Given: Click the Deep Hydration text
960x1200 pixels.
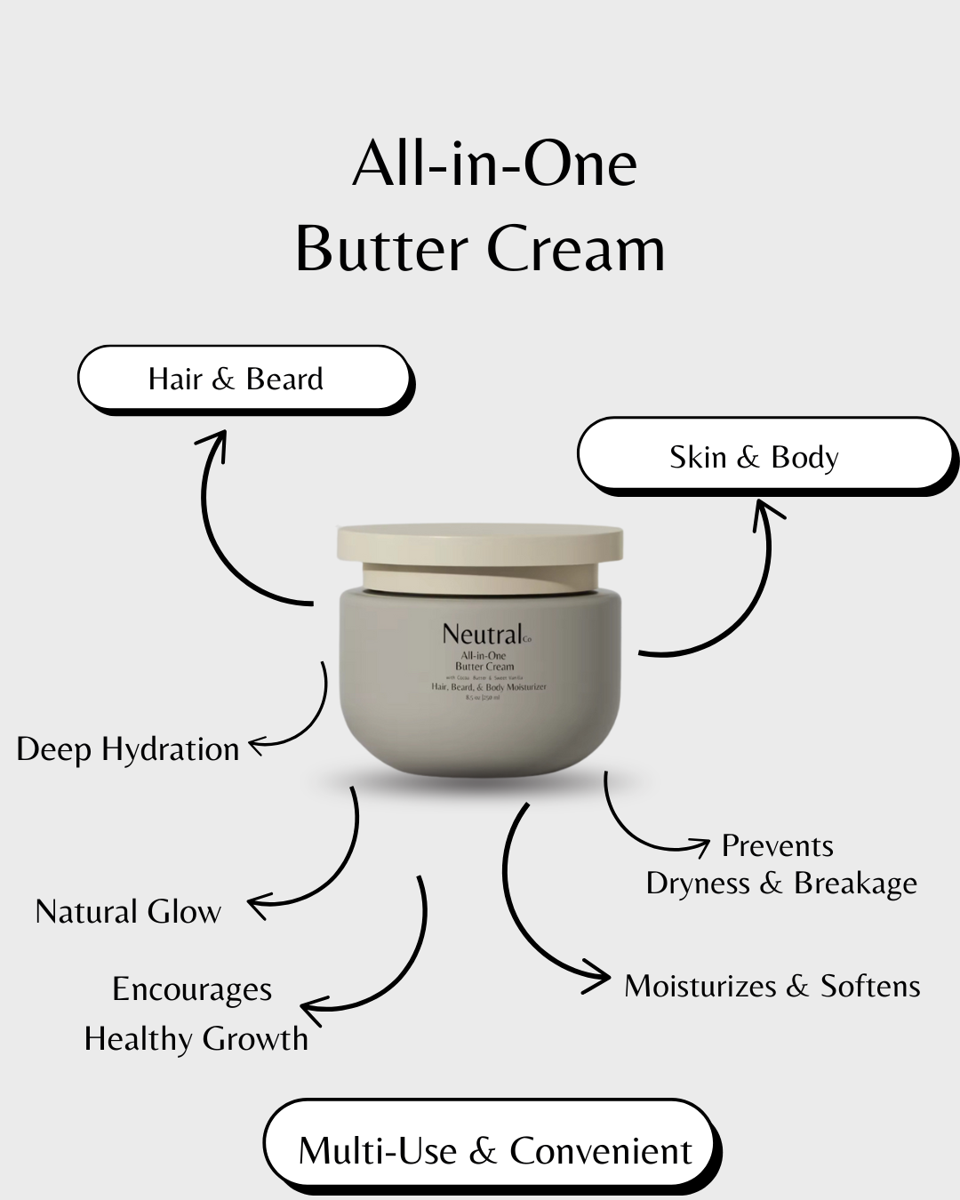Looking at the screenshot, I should [128, 749].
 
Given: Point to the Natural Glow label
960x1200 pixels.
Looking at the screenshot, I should [128, 912].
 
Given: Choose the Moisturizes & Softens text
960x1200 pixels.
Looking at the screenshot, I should [772, 986].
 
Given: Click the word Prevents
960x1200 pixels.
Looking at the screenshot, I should [778, 845].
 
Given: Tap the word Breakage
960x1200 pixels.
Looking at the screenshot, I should [855, 883].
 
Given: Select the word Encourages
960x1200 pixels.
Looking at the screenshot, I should [192, 989].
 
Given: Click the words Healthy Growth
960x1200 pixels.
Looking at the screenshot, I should [196, 1038].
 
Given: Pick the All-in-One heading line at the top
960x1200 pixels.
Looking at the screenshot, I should [495, 165].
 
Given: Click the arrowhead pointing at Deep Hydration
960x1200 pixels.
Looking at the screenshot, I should [256, 746].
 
